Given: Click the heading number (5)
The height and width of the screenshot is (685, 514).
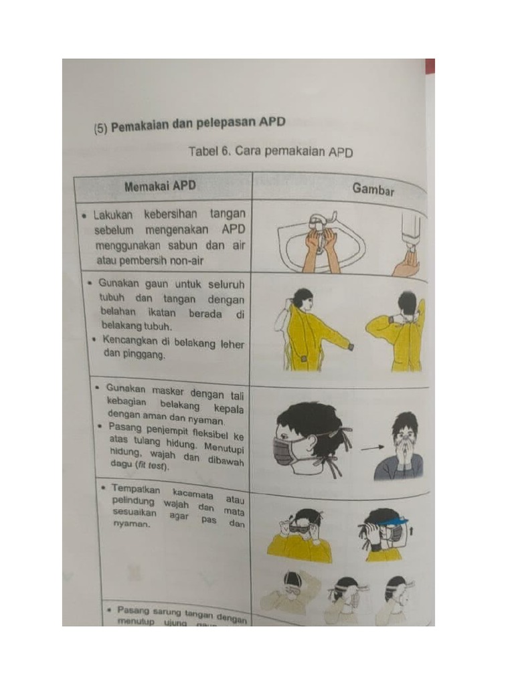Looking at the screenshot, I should tap(100, 128).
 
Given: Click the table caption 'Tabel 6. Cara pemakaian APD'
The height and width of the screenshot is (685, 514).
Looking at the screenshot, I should tap(270, 151).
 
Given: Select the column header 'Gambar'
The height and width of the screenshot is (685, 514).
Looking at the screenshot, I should tap(373, 189).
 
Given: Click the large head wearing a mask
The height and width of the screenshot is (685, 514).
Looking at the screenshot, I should tap(308, 438).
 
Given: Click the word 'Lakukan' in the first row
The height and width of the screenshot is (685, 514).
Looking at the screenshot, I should tap(114, 215).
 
